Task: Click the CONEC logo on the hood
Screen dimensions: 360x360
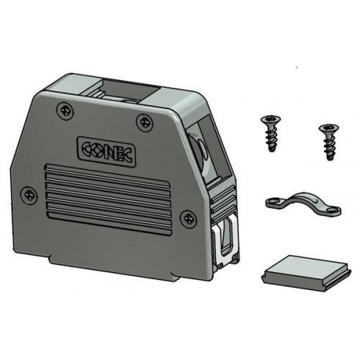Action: click(x=107, y=151)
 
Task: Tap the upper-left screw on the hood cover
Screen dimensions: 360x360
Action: click(x=65, y=111)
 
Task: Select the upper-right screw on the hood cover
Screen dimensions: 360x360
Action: click(x=145, y=122)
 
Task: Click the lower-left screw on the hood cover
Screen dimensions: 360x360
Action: click(x=30, y=194)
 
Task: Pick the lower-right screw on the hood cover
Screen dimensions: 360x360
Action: click(x=189, y=219)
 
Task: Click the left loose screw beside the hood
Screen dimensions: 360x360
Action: click(x=271, y=133)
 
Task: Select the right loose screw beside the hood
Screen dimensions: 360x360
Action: click(x=329, y=142)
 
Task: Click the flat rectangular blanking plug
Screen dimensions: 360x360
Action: click(x=306, y=273)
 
